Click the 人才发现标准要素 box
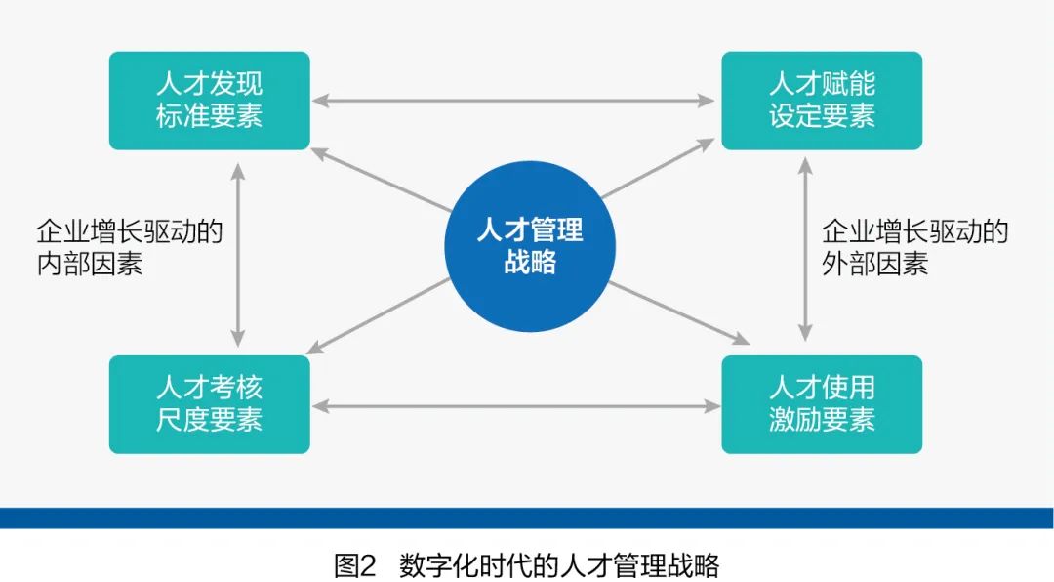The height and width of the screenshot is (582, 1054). (209, 101)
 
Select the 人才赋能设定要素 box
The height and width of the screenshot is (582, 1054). (822, 101)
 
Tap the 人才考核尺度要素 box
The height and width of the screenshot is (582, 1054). (209, 404)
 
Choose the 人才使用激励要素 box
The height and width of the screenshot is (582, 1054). (822, 404)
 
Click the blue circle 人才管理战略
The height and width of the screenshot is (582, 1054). (530, 246)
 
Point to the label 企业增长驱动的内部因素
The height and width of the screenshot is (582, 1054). (129, 247)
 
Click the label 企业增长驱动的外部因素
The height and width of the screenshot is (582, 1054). (914, 247)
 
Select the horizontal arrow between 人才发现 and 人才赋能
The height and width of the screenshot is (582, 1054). (514, 101)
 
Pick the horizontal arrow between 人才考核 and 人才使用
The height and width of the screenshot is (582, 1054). (516, 405)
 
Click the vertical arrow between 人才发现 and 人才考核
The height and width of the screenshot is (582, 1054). (237, 254)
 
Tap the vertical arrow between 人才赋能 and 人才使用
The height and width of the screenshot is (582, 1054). (805, 249)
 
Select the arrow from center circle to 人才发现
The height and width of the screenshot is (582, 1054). (382, 180)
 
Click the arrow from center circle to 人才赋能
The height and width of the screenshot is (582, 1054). (658, 168)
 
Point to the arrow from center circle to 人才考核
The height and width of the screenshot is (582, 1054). (378, 316)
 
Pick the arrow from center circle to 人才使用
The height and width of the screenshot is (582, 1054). (679, 313)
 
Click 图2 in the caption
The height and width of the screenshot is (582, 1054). (355, 565)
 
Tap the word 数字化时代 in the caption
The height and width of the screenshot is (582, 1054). (466, 565)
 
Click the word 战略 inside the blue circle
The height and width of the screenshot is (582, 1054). (530, 262)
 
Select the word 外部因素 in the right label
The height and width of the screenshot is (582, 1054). (874, 263)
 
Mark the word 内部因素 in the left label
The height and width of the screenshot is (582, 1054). (90, 263)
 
